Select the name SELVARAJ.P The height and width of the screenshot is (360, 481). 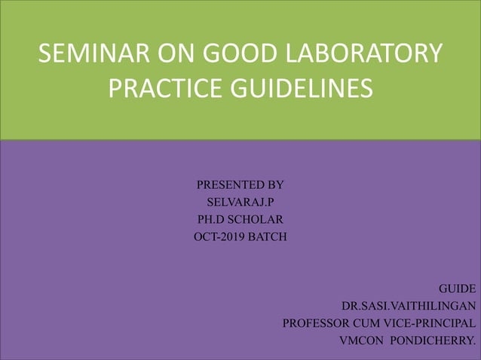[240, 202]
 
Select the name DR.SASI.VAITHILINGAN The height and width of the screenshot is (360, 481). [409, 307]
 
